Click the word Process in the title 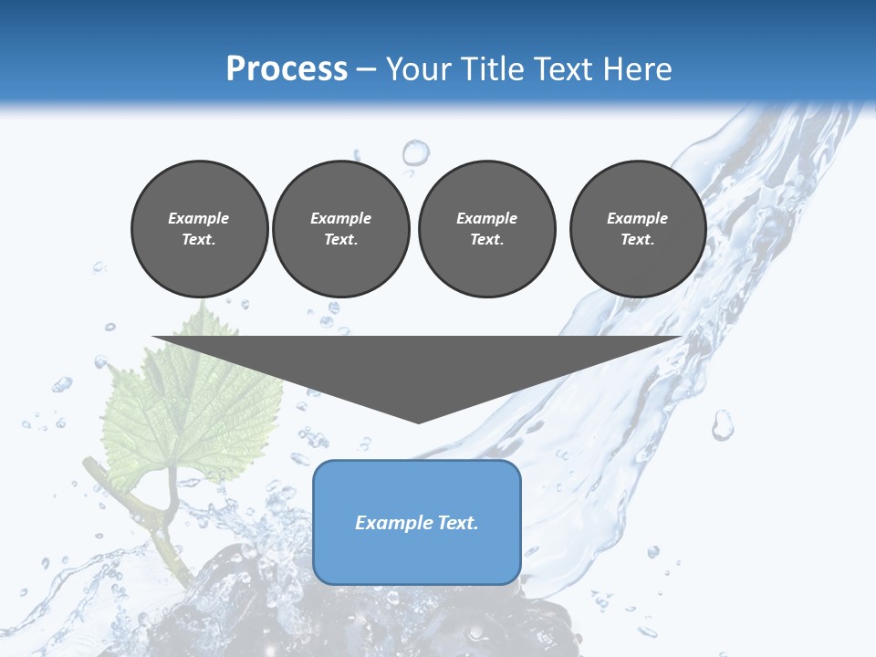(287, 69)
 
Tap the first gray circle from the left (199, 229)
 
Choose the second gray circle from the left (341, 229)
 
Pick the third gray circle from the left (486, 229)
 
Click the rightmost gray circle (638, 229)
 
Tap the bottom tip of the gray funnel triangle (418, 421)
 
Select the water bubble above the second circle (415, 151)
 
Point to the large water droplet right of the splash (722, 424)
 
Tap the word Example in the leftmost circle (199, 218)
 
